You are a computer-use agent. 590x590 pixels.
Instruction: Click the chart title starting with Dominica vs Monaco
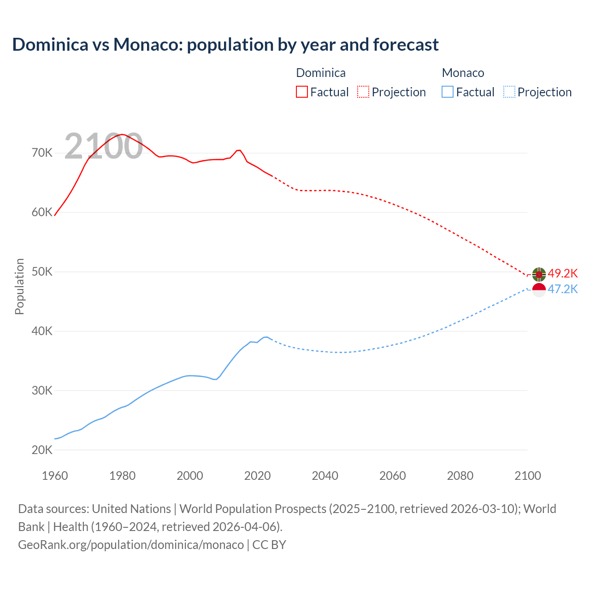(225, 45)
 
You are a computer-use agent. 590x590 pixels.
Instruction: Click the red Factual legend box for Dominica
(301, 92)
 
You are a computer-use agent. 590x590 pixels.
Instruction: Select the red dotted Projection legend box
(363, 92)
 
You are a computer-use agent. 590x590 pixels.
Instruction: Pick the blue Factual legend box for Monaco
(448, 92)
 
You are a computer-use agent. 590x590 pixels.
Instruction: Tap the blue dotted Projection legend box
(509, 92)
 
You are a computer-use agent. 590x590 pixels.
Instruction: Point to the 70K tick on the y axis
(42, 153)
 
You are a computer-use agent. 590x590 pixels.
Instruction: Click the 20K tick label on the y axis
(42, 450)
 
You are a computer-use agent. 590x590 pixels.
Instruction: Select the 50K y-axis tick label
(42, 272)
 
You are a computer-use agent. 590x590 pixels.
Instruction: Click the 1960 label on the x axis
(55, 476)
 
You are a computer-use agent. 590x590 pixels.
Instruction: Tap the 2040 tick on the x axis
(325, 476)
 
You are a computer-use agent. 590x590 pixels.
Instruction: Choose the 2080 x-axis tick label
(460, 476)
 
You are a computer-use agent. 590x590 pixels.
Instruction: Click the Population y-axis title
(19, 286)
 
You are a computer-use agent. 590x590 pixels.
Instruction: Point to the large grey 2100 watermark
(103, 146)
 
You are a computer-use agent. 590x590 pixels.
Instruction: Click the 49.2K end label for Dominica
(562, 273)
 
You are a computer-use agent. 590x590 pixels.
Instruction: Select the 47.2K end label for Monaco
(562, 289)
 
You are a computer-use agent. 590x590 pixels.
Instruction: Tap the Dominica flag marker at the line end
(539, 274)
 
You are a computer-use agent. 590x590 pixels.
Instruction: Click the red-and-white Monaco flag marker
(539, 290)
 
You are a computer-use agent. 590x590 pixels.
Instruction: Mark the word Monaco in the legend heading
(463, 73)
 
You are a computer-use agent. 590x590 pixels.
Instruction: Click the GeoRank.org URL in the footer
(131, 544)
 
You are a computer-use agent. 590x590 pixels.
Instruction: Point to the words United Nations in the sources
(131, 509)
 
